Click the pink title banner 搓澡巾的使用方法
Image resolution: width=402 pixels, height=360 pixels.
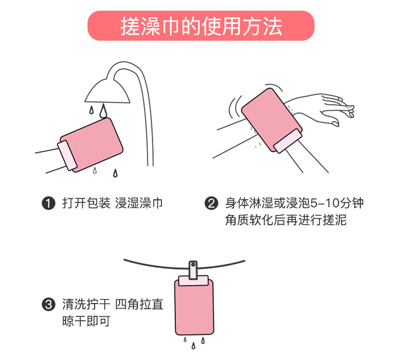(201, 25)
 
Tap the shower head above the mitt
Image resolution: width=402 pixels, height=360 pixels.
(108, 91)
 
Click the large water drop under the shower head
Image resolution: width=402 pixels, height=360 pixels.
(103, 111)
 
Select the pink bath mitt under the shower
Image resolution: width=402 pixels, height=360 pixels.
(92, 145)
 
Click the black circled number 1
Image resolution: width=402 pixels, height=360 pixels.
(48, 203)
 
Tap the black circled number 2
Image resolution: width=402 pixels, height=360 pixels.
(211, 203)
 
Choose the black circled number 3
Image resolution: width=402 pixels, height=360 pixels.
(48, 305)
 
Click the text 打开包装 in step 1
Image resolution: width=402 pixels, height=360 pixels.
(87, 203)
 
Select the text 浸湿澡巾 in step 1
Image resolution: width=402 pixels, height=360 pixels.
(139, 203)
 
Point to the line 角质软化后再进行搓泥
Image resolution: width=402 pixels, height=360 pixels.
(286, 220)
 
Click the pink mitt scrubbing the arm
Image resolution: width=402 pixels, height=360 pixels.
(272, 121)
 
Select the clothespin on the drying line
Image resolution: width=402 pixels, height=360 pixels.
(193, 270)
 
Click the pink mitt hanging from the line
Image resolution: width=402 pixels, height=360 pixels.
(194, 306)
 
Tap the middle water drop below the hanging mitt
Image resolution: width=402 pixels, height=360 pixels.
(193, 346)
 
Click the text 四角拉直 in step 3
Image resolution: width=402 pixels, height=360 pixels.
(139, 305)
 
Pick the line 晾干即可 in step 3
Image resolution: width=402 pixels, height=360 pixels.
(87, 321)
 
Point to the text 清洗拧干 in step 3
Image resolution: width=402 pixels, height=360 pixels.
(87, 305)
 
